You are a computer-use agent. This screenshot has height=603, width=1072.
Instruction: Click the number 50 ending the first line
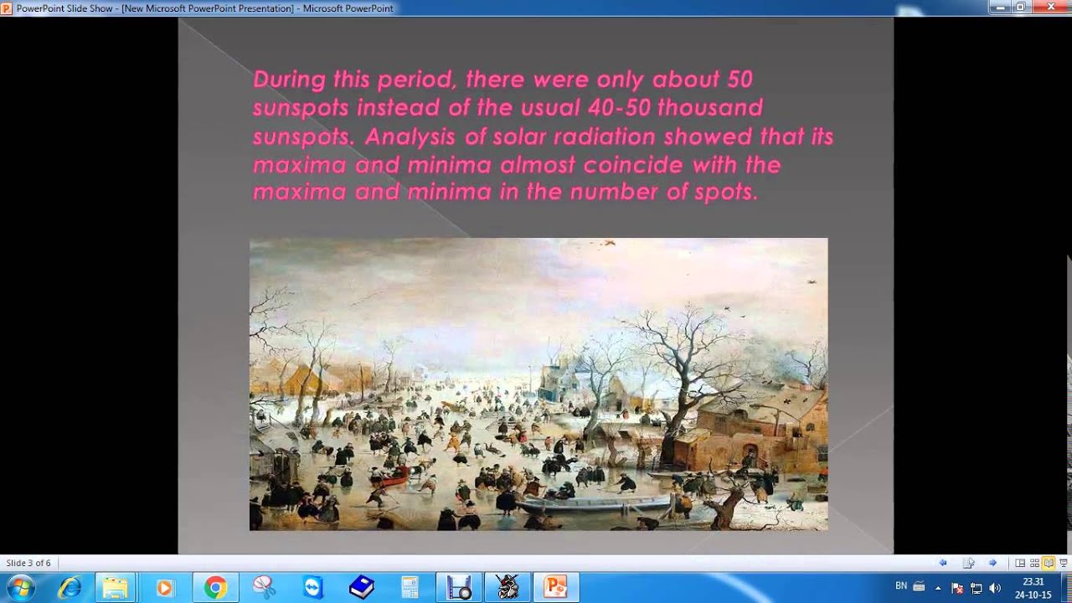point(740,80)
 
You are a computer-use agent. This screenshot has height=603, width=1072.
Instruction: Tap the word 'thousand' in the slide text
point(722,108)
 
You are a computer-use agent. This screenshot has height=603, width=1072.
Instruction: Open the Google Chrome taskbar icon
point(215,588)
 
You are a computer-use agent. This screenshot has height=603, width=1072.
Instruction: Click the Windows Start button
point(20,588)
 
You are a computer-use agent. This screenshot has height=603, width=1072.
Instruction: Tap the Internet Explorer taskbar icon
point(68,588)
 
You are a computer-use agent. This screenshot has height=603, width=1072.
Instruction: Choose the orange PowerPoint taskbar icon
point(556,588)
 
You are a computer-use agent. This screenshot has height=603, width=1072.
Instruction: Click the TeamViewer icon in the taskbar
point(313,588)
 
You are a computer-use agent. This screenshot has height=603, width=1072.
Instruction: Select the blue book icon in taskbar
point(362,588)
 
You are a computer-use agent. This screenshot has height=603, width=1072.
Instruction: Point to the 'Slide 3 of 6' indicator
point(28,563)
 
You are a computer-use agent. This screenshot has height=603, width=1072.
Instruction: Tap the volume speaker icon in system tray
point(995,588)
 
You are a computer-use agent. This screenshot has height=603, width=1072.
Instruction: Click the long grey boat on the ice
point(595,505)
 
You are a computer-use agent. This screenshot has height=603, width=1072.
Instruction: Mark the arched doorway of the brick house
point(750,457)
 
